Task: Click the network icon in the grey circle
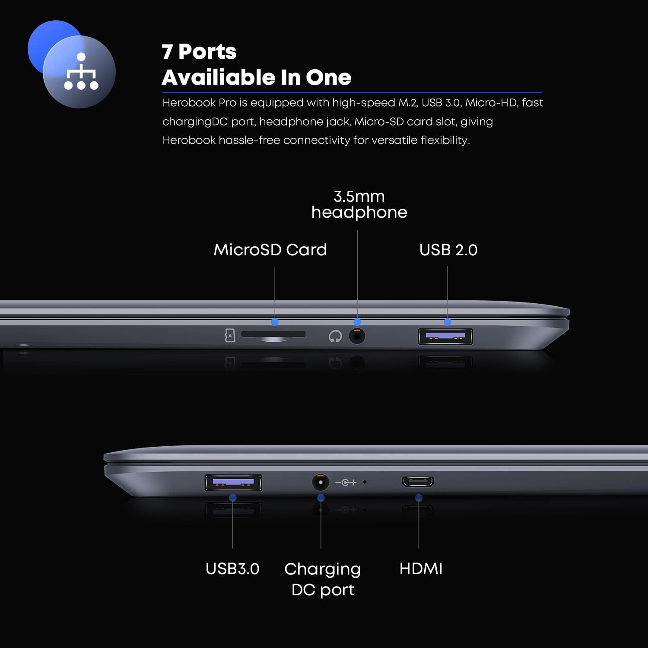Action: pyautogui.click(x=81, y=71)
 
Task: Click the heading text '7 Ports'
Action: pyautogui.click(x=199, y=51)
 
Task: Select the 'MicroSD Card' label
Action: pyautogui.click(x=270, y=250)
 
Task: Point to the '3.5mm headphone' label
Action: pyautogui.click(x=359, y=204)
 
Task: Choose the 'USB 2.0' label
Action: pyautogui.click(x=448, y=250)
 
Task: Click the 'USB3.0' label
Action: pyautogui.click(x=232, y=569)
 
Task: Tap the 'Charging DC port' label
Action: pyautogui.click(x=323, y=579)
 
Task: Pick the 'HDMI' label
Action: pyautogui.click(x=421, y=569)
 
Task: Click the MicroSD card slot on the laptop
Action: pyautogui.click(x=273, y=334)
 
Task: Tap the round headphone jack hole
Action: pyautogui.click(x=357, y=336)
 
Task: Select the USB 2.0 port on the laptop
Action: pyautogui.click(x=445, y=337)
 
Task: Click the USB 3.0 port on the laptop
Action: pyautogui.click(x=233, y=483)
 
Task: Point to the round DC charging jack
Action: pyautogui.click(x=320, y=482)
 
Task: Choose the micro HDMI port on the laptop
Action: pyautogui.click(x=418, y=481)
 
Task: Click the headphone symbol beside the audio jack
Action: pyautogui.click(x=335, y=336)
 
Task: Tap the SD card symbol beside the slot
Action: pyautogui.click(x=230, y=335)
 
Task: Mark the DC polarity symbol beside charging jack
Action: pyautogui.click(x=346, y=482)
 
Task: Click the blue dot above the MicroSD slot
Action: pyautogui.click(x=275, y=322)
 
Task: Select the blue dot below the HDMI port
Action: pyautogui.click(x=419, y=498)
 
